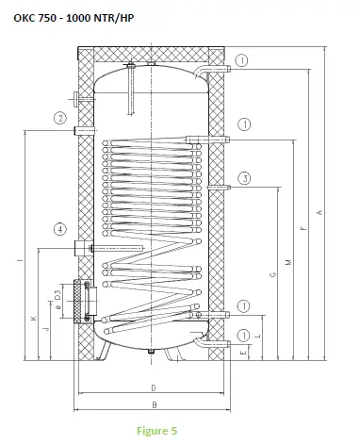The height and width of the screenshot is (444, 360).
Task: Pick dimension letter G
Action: pos(272,275)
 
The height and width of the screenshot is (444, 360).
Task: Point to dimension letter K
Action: pos(32,318)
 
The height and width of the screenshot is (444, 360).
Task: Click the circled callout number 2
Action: pos(58,119)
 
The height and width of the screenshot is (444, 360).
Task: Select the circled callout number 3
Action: pos(244,178)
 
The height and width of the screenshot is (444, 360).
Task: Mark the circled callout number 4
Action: pos(59,229)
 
